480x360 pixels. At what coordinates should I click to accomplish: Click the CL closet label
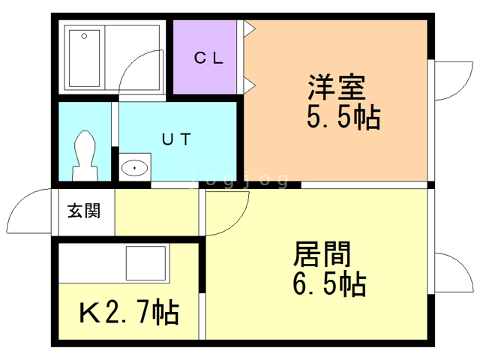pyautogui.click(x=208, y=58)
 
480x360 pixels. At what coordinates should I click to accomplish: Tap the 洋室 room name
pyautogui.click(x=337, y=87)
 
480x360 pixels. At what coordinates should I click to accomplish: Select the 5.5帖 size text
pyautogui.click(x=343, y=117)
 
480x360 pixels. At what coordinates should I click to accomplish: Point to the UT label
pyautogui.click(x=176, y=139)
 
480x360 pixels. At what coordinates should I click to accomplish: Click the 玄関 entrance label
pyautogui.click(x=84, y=211)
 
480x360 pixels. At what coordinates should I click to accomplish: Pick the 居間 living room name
pyautogui.click(x=322, y=254)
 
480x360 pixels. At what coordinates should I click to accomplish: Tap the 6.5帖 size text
pyautogui.click(x=329, y=284)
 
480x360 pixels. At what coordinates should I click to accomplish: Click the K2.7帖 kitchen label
pyautogui.click(x=129, y=312)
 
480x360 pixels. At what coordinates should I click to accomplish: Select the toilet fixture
pyautogui.click(x=85, y=155)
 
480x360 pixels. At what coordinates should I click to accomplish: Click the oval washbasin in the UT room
pyautogui.click(x=135, y=167)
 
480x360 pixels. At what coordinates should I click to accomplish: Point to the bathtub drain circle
pyautogui.click(x=84, y=36)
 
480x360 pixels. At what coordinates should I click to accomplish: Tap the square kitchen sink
pyautogui.click(x=145, y=263)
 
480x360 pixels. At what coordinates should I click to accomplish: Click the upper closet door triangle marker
pyautogui.click(x=250, y=28)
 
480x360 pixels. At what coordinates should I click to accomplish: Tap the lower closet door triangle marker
pyautogui.click(x=250, y=85)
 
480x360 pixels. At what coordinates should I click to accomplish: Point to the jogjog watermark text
pyautogui.click(x=238, y=180)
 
